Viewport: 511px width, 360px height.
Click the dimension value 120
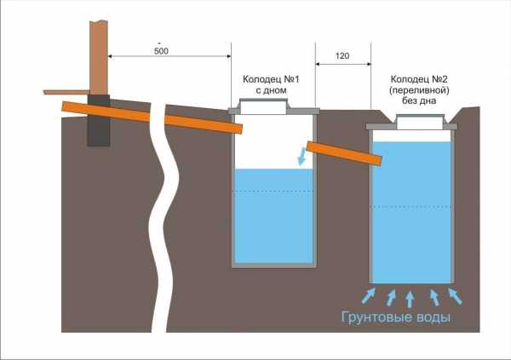[342, 55]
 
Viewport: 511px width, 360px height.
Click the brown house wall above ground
[99, 51]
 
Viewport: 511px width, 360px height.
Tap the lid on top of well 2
[411, 122]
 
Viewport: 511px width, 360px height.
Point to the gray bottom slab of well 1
[273, 266]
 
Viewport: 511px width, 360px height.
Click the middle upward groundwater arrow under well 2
[411, 296]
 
